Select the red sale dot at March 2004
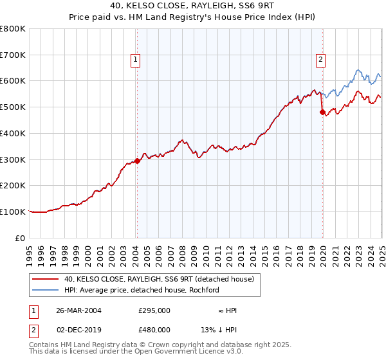[x=137, y=161]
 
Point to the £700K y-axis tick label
[x=13, y=55]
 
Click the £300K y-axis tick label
[x=13, y=159]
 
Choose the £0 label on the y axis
[x=21, y=238]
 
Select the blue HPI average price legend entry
[x=142, y=290]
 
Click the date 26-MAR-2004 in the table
[x=78, y=310]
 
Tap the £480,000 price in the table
[x=154, y=329]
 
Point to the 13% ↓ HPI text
[x=219, y=329]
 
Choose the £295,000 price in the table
[x=154, y=310]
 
